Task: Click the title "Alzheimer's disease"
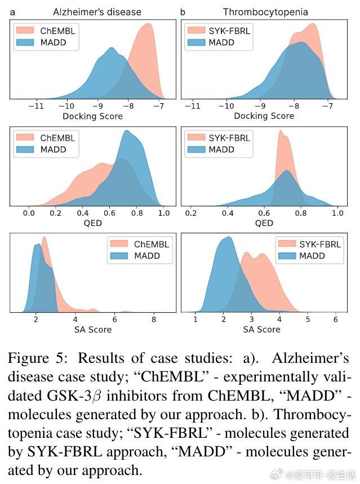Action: [x=97, y=12]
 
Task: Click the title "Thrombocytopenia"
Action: [x=265, y=12]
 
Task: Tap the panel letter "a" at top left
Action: [x=12, y=12]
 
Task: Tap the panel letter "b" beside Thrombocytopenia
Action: [x=183, y=12]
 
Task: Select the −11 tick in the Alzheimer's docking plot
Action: [x=36, y=106]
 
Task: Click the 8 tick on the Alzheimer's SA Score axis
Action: [x=154, y=319]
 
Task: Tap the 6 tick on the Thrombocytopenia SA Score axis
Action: [x=336, y=319]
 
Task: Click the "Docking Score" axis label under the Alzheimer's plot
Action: [x=92, y=116]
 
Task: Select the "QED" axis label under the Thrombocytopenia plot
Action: [x=264, y=223]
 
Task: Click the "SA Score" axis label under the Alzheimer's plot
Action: [x=93, y=330]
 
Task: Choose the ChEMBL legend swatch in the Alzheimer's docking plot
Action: [x=25, y=31]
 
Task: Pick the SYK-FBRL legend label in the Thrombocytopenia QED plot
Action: [x=229, y=137]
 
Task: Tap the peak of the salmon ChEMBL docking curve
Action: [x=149, y=24]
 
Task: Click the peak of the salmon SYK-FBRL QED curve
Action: [x=280, y=132]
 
